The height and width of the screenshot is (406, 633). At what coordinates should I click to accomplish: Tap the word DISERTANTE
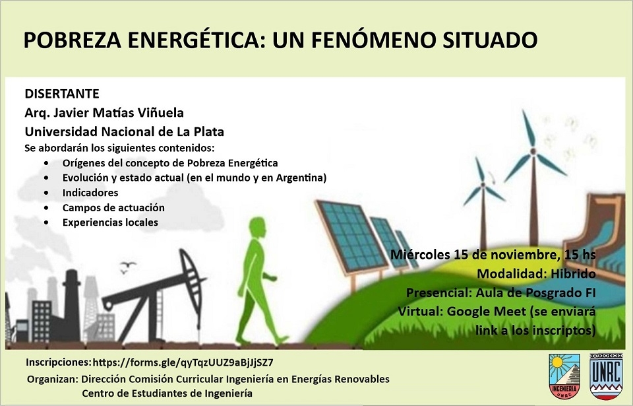click(x=62, y=94)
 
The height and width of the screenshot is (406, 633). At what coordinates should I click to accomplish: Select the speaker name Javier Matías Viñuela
click(x=118, y=112)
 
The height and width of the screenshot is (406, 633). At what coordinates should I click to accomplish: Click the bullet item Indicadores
click(x=90, y=193)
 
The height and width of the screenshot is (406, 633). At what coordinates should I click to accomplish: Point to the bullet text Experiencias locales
click(x=110, y=222)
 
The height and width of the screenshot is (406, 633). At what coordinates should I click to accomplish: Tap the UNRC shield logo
click(x=605, y=376)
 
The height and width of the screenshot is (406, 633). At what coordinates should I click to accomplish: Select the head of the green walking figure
click(x=257, y=228)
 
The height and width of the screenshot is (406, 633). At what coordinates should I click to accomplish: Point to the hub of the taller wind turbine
click(x=533, y=151)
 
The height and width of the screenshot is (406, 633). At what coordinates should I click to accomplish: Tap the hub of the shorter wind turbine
click(x=483, y=186)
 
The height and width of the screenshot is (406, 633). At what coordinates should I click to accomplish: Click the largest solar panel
click(x=350, y=236)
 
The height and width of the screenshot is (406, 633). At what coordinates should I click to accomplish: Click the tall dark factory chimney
click(x=72, y=304)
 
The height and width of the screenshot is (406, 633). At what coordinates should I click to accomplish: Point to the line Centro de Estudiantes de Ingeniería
click(x=167, y=393)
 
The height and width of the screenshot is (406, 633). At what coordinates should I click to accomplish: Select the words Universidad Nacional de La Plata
click(x=125, y=132)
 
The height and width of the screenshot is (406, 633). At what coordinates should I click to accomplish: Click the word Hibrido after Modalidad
click(x=573, y=274)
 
